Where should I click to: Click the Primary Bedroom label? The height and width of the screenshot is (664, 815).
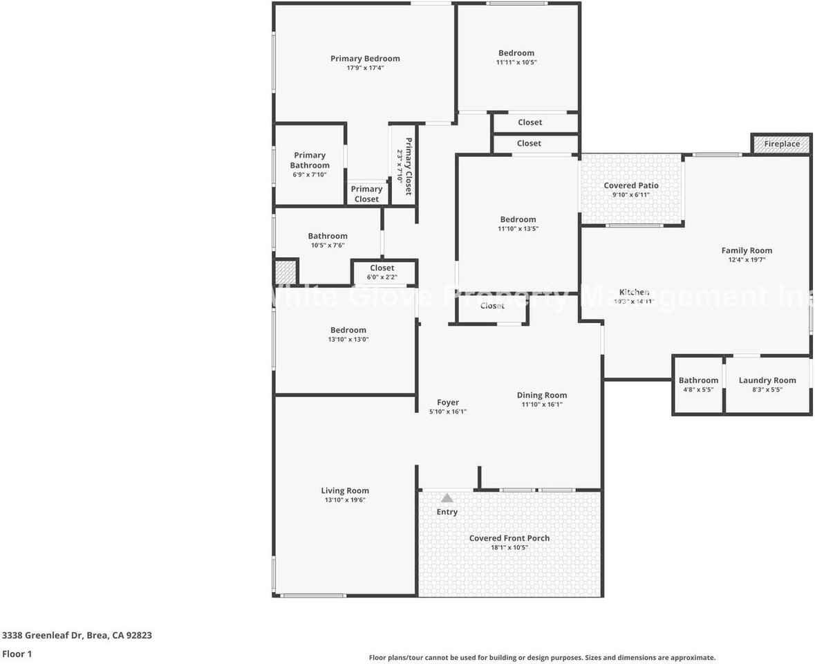365,59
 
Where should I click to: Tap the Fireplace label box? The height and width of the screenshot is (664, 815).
782,144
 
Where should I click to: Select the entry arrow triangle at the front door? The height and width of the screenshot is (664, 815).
447,498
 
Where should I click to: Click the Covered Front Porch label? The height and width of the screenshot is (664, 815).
509,538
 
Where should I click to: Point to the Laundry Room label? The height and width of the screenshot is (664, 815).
767,380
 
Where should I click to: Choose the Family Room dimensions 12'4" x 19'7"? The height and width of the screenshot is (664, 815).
747,260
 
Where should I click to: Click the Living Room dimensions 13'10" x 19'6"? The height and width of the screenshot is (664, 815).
345,500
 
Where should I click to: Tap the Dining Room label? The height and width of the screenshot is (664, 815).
542,396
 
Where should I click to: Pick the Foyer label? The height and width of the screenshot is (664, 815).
448,403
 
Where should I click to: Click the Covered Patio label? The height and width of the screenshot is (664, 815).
631,185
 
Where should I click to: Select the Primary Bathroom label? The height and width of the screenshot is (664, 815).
310,160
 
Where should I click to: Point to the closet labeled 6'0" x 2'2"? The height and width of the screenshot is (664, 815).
382,277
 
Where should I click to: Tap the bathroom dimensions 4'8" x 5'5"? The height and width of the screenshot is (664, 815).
698,389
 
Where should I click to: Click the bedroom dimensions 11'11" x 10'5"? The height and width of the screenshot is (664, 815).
516,62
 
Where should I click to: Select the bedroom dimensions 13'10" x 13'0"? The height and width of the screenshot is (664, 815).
348,340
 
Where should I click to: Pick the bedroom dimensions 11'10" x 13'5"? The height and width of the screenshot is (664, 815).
518,229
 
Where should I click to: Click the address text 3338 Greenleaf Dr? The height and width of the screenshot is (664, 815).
44,635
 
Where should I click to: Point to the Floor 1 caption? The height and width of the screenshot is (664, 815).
17,654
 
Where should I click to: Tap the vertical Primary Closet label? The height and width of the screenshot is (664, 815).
409,167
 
